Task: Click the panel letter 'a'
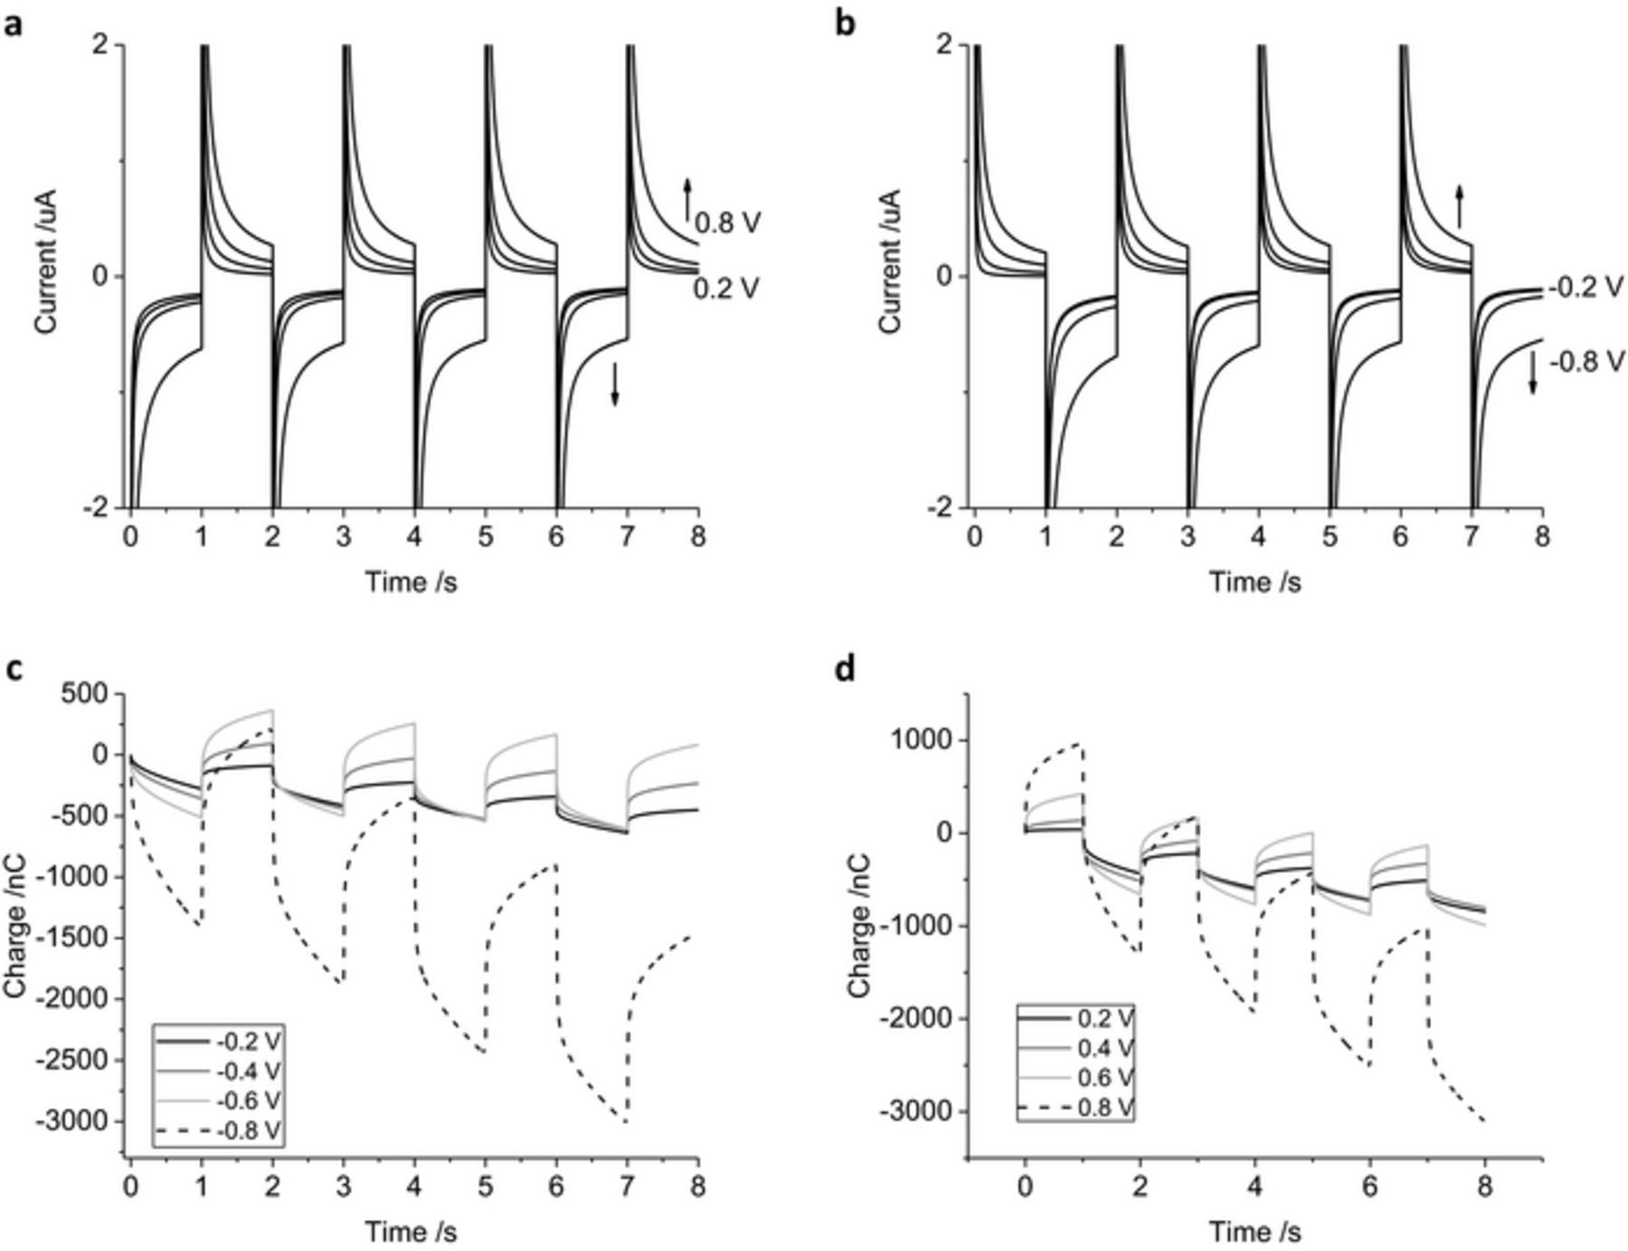click(x=13, y=24)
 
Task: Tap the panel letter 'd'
click(x=846, y=670)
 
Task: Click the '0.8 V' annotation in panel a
click(x=727, y=223)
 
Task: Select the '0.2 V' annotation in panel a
click(x=727, y=288)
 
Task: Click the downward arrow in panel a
click(x=615, y=384)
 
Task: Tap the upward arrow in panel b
click(x=1459, y=206)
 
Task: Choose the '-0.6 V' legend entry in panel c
click(x=248, y=1100)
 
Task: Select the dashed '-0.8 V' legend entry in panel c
click(x=248, y=1130)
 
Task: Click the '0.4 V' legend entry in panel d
click(x=1105, y=1048)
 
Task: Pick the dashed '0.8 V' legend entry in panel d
click(x=1105, y=1107)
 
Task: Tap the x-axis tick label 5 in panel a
click(x=486, y=536)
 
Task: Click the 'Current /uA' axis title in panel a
click(x=46, y=261)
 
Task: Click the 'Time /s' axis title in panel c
click(x=411, y=1230)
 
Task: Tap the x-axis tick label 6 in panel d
click(x=1369, y=1185)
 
